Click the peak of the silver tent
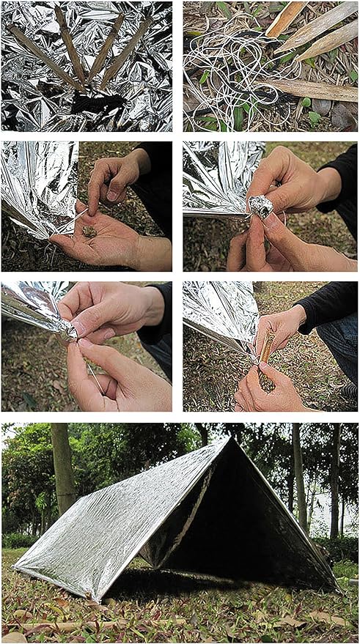point(232,439)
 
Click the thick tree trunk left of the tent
point(63,469)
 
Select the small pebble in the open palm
point(89,231)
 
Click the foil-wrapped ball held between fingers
point(260,207)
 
